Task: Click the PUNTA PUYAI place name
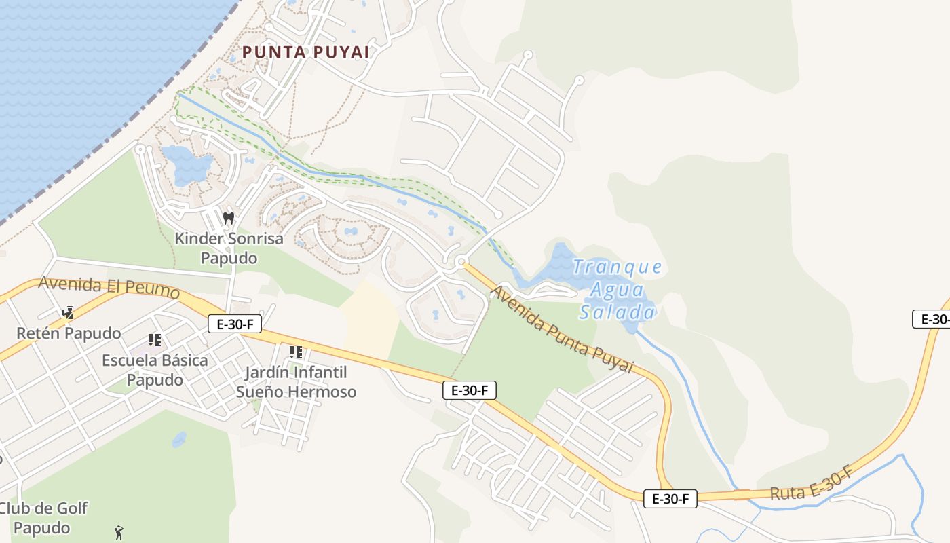[x=305, y=52]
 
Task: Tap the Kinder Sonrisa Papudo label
[x=229, y=248]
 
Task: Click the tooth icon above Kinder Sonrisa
[x=229, y=218]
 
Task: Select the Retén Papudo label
[x=69, y=333]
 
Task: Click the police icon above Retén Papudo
[x=68, y=313]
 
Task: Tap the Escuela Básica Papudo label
[x=155, y=370]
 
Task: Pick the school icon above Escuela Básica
[x=154, y=339]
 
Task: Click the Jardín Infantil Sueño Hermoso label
[x=296, y=382]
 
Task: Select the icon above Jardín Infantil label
[x=295, y=352]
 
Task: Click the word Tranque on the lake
[x=617, y=267]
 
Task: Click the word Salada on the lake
[x=617, y=313]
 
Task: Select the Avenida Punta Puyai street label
[x=561, y=330]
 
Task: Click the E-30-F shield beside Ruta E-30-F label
[x=670, y=499]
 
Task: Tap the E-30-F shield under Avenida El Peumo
[x=235, y=324]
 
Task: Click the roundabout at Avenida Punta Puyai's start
[x=461, y=261]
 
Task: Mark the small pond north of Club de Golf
[x=179, y=439]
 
